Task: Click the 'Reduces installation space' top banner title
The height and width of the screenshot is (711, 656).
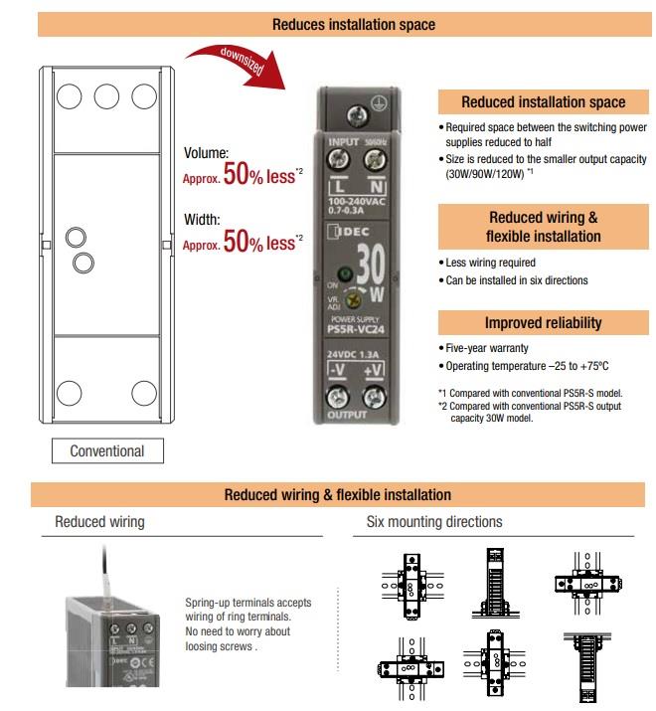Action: click(340, 24)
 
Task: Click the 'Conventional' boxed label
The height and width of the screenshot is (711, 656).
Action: click(106, 450)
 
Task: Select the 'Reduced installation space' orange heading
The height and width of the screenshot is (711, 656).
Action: click(543, 101)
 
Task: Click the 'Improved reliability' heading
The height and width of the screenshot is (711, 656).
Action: click(543, 323)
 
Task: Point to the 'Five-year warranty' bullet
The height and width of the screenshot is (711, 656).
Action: click(486, 348)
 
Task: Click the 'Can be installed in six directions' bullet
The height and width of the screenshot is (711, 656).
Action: click(516, 280)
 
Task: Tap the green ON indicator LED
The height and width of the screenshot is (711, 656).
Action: click(346, 273)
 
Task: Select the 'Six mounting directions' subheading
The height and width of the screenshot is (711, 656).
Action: click(434, 521)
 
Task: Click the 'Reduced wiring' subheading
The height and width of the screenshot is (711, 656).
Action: click(99, 521)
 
